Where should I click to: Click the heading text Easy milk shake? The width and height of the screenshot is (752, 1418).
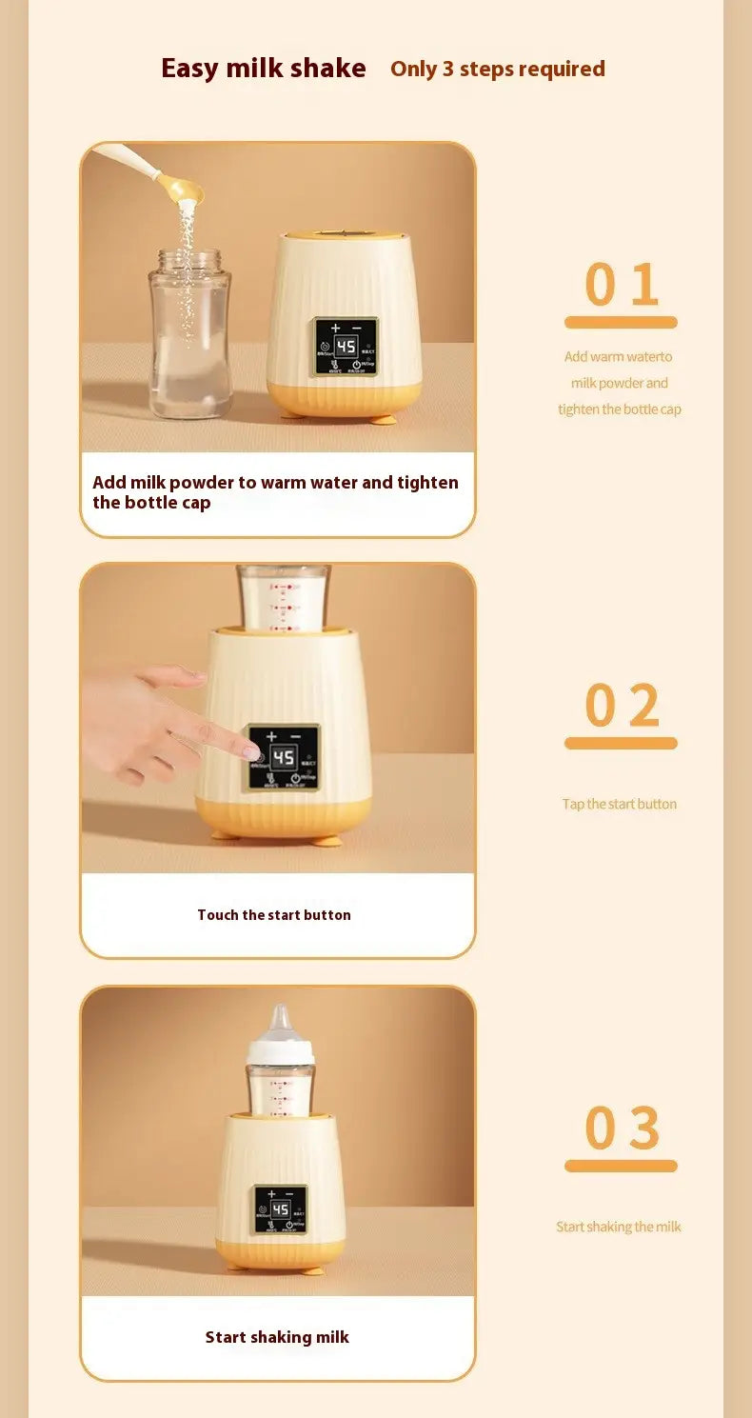coord(263,69)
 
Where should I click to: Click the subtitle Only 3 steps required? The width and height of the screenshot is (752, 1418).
coord(497,70)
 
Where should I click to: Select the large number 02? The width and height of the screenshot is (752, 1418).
coord(621,706)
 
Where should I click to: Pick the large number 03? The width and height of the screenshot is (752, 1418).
coord(621,1128)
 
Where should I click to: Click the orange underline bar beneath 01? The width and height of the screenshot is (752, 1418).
coord(621,323)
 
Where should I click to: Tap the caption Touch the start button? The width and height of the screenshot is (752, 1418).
coord(274,915)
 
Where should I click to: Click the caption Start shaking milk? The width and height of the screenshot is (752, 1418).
coord(277,1337)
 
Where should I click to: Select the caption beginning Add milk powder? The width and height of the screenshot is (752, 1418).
coord(275,492)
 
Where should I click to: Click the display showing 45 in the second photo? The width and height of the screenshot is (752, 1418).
coord(284,758)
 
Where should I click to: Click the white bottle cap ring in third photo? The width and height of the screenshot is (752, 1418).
coord(281,1052)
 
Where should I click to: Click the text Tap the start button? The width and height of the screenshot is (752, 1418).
coord(619,804)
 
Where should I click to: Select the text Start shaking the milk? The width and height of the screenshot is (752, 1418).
coord(619,1227)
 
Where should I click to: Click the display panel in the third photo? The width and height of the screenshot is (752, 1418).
coord(280,1210)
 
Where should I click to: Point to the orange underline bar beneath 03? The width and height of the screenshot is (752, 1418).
coord(621,1166)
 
